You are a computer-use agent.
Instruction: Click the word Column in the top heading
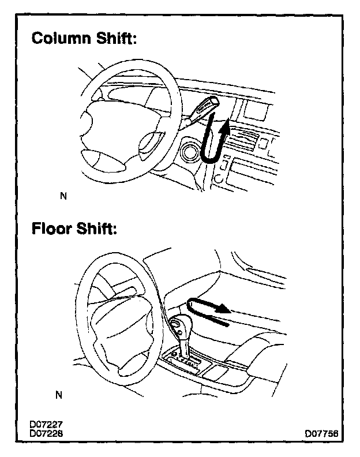59,39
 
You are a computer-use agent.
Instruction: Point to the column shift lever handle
205,106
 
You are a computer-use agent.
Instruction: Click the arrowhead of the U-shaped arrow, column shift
228,126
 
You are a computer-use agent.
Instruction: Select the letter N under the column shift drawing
63,196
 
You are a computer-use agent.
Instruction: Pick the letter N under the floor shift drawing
58,395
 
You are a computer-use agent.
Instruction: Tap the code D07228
46,433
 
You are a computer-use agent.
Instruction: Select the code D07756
322,433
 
